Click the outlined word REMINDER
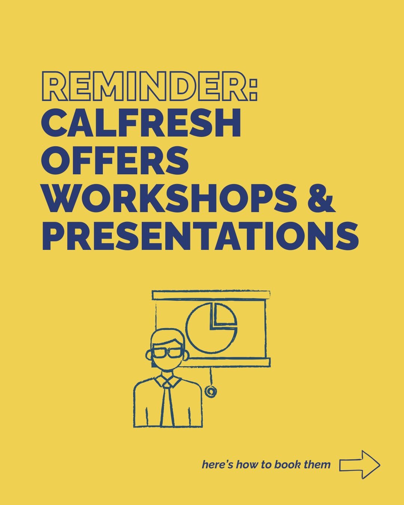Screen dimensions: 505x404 [x=144, y=86]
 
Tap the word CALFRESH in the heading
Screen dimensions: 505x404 [x=141, y=123]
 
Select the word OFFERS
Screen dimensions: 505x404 [x=115, y=160]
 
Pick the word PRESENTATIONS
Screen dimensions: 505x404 [x=200, y=236]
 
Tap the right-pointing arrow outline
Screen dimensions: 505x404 [x=359, y=465]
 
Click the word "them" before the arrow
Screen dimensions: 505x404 [x=317, y=465]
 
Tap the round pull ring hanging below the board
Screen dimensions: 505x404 [x=211, y=391]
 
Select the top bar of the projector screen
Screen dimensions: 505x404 [x=211, y=295]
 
